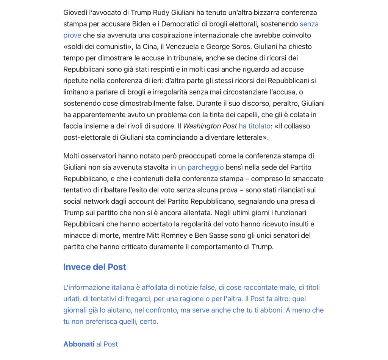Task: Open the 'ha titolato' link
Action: pyautogui.click(x=255, y=126)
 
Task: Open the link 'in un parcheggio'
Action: pyautogui.click(x=197, y=167)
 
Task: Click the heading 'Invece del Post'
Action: pyautogui.click(x=94, y=267)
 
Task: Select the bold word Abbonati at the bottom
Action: pyautogui.click(x=79, y=344)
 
